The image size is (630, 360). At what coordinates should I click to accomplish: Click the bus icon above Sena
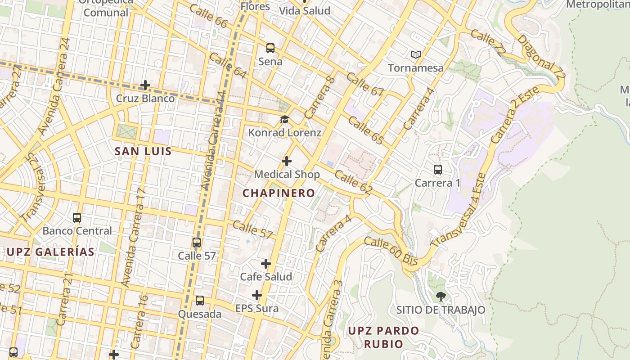(x=270, y=48)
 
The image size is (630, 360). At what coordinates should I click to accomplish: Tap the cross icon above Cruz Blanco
(x=145, y=85)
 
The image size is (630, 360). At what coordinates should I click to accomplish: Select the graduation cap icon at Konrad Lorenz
(x=284, y=119)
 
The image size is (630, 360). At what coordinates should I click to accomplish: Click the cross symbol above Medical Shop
(x=287, y=161)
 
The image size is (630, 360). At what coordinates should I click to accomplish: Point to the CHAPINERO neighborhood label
(x=279, y=193)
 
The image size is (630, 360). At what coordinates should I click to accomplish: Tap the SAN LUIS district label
(x=143, y=151)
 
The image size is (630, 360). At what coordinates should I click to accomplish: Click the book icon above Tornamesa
(x=416, y=54)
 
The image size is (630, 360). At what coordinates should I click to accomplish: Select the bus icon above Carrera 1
(x=437, y=169)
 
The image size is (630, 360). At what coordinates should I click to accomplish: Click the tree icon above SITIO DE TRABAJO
(x=441, y=296)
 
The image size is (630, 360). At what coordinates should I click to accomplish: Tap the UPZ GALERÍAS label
(x=50, y=252)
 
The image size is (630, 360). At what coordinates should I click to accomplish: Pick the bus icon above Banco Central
(x=77, y=217)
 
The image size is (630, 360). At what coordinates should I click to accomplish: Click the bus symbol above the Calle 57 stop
(x=197, y=242)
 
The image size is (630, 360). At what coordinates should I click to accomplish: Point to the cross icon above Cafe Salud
(x=266, y=263)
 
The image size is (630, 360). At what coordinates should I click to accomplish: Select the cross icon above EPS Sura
(x=257, y=295)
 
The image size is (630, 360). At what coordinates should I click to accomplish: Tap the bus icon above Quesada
(x=200, y=300)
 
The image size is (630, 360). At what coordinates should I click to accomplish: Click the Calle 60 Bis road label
(x=391, y=251)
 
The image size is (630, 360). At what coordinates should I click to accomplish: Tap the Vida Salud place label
(x=305, y=11)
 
